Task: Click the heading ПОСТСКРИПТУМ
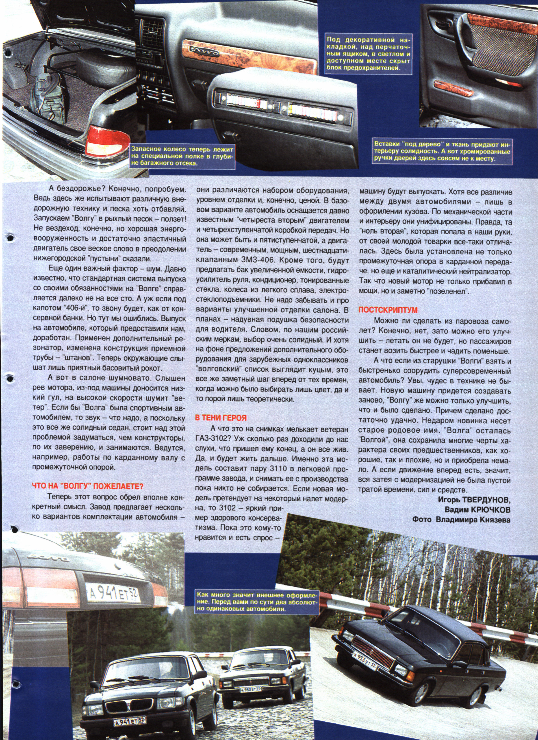(x=388, y=310)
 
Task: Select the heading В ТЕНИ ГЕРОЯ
(x=221, y=418)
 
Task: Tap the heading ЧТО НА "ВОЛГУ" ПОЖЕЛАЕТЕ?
(x=88, y=486)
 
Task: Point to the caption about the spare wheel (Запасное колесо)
(x=182, y=156)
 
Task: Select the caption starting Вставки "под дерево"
(x=442, y=151)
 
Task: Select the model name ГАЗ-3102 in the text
(x=212, y=439)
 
